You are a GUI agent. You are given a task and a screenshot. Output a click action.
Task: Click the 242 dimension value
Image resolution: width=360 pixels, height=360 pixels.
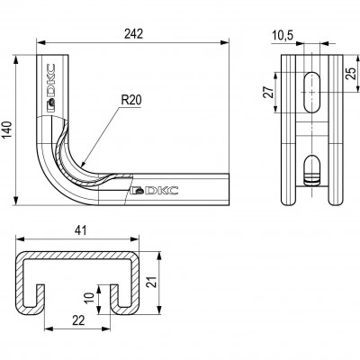click(133, 34)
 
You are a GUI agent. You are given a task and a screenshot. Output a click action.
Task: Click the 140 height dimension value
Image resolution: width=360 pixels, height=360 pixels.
click(6, 130)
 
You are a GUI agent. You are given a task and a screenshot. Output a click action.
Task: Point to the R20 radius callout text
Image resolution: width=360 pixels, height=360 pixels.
click(131, 100)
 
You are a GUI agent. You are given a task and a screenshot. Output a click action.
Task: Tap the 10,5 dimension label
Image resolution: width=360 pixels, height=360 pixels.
click(283, 36)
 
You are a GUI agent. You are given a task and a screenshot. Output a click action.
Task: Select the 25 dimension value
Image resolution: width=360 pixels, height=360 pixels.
click(351, 74)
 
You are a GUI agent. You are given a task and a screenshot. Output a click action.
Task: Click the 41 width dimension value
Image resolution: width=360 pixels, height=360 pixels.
click(80, 230)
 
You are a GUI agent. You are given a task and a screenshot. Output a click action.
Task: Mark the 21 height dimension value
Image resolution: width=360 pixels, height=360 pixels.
click(153, 282)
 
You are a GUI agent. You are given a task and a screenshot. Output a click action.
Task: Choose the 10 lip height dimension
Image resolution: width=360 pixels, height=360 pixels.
click(89, 298)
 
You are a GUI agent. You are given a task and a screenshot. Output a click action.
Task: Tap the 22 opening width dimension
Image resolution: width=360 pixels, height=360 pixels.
click(78, 320)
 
